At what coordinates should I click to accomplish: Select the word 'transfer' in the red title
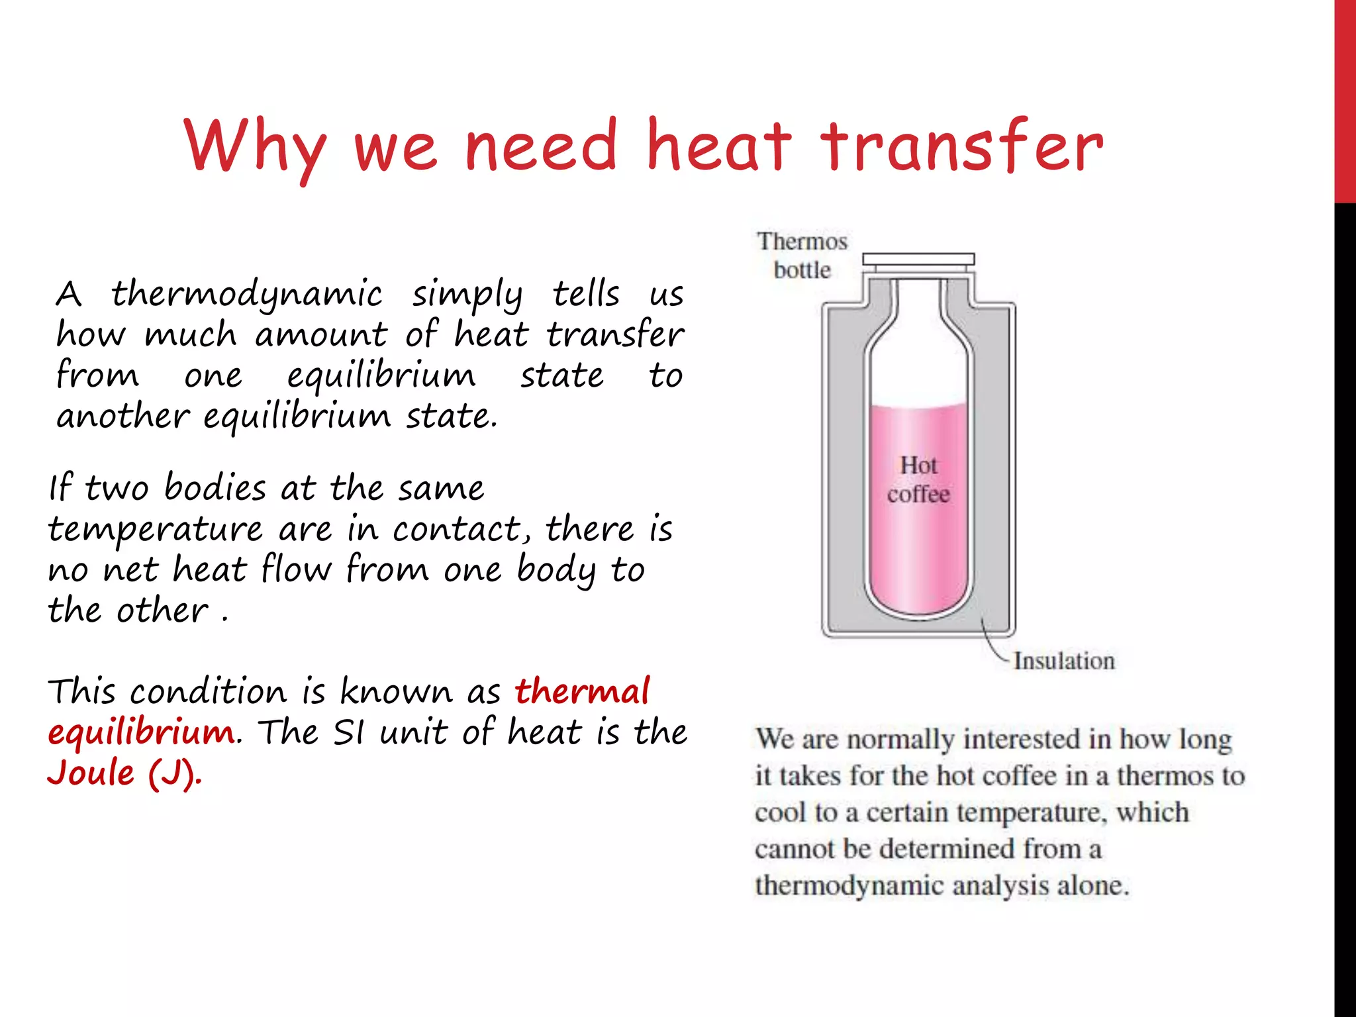pos(961,147)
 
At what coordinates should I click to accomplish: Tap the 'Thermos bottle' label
pos(802,256)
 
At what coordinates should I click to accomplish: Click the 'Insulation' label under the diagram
pos(1064,661)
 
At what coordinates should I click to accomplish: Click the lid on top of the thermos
pos(918,260)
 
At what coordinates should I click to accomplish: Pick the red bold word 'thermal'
pos(583,691)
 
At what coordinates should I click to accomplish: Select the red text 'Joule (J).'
pos(124,773)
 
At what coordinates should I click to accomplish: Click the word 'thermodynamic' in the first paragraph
pos(246,294)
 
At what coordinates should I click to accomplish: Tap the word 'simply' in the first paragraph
pos(467,295)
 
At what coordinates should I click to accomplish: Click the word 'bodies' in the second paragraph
pos(215,488)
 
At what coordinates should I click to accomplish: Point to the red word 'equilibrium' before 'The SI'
pos(141,732)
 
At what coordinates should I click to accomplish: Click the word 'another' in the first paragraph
pos(123,416)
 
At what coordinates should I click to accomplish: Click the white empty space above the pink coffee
pos(918,358)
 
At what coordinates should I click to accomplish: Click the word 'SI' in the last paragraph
pos(348,732)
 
